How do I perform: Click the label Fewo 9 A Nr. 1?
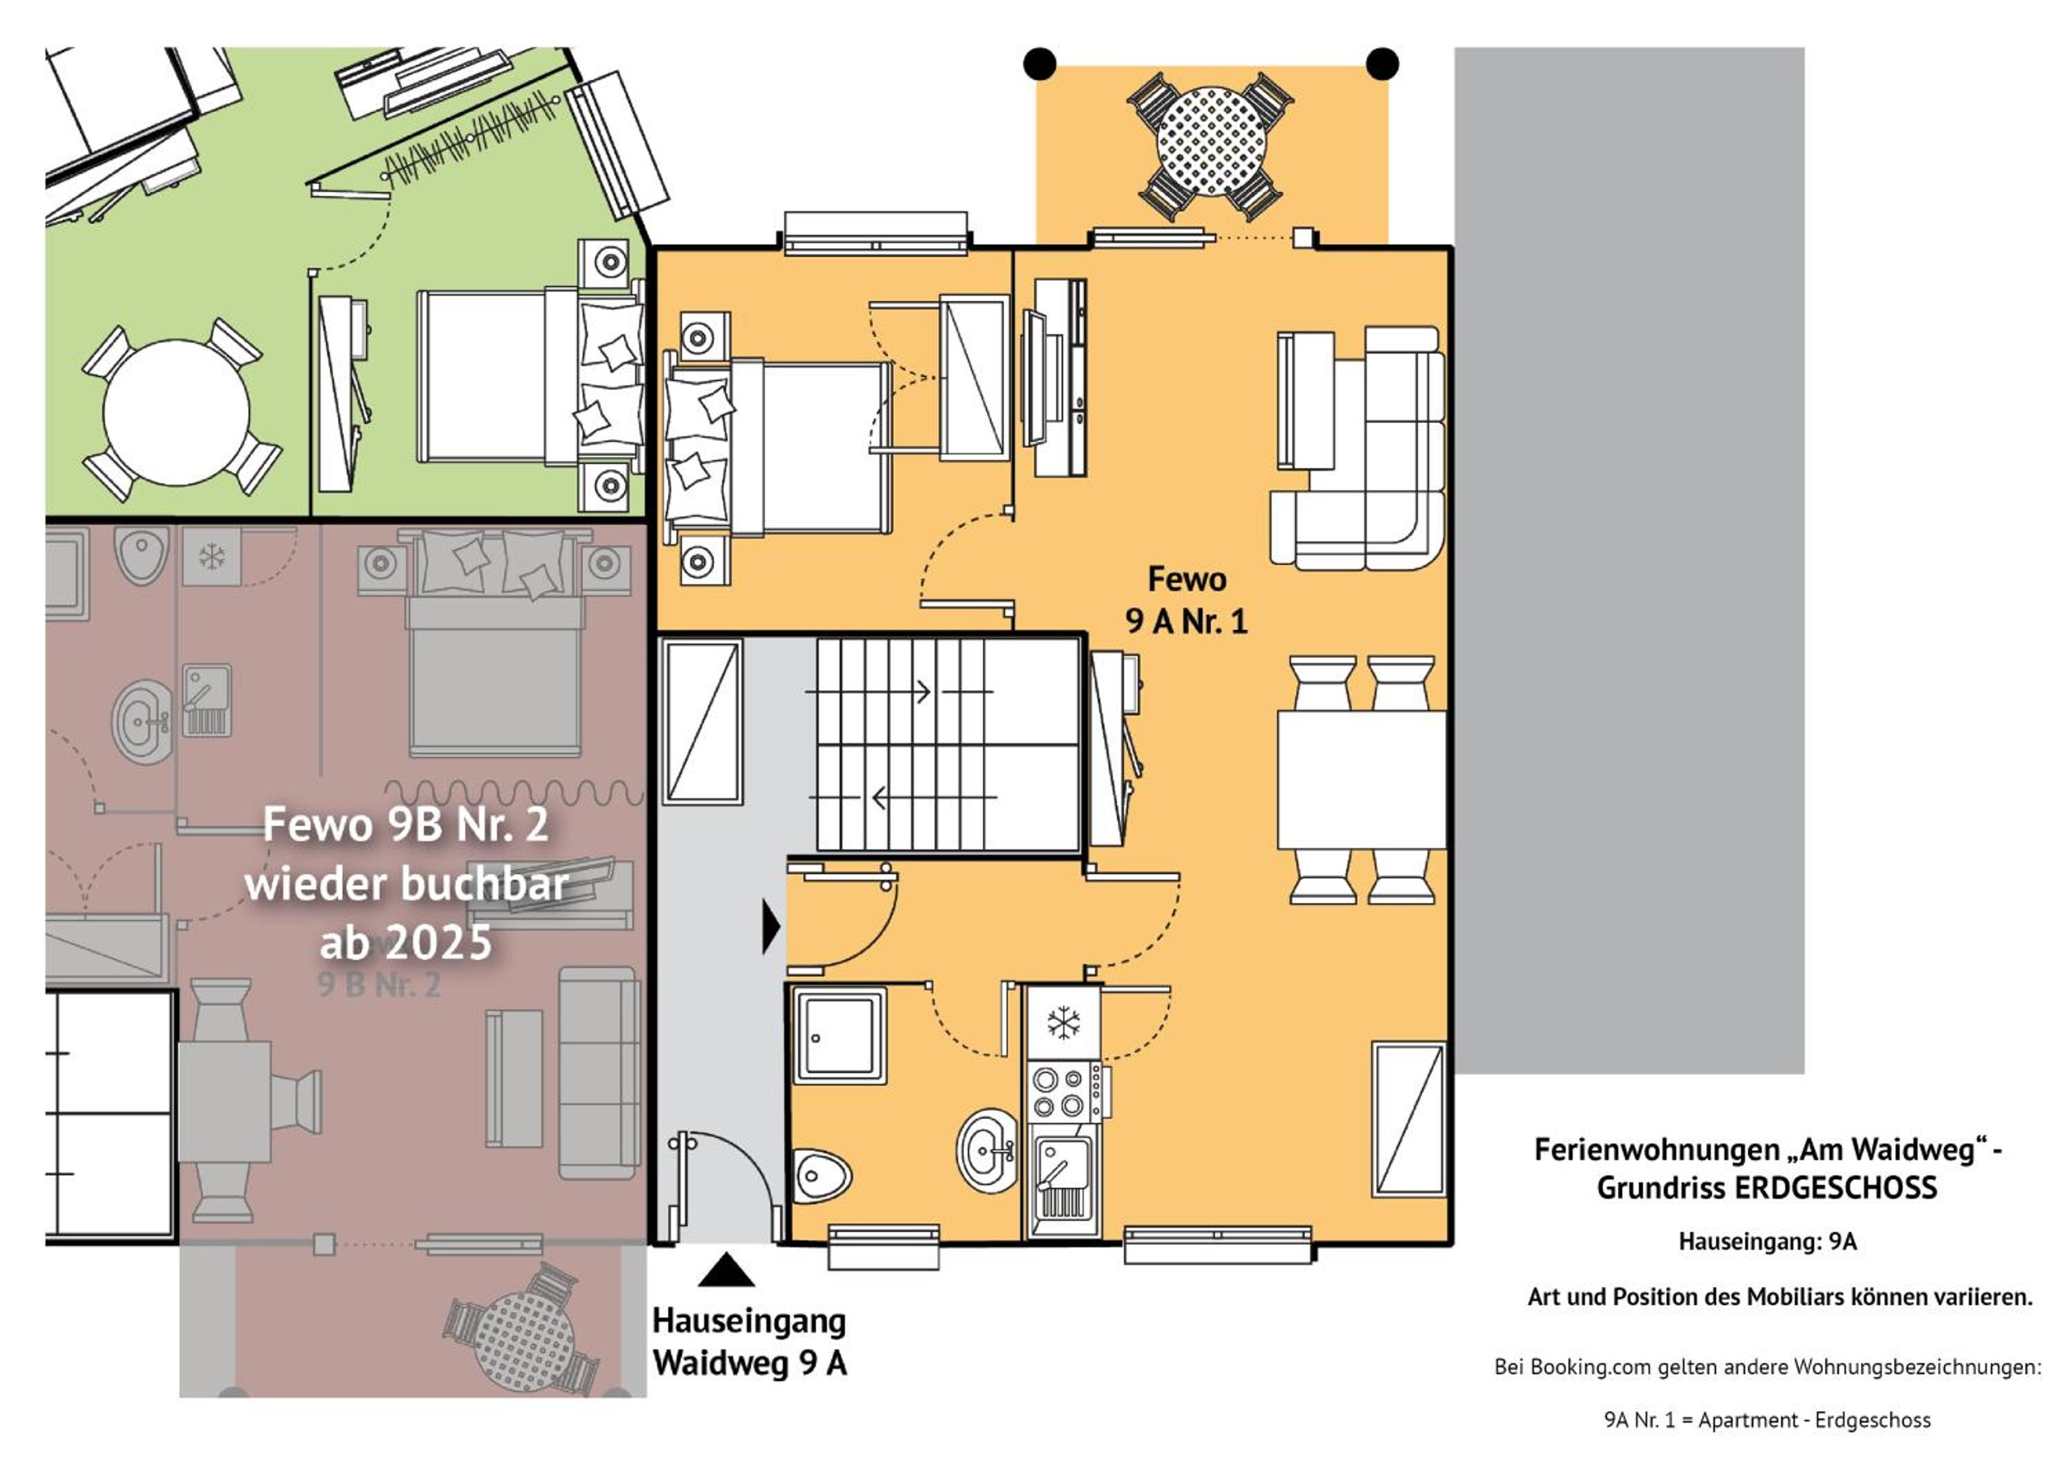1186,600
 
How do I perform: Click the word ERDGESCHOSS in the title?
1836,1188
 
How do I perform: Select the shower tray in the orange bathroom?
839,1034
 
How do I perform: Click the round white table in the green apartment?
176,412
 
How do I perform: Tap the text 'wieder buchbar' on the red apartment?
407,884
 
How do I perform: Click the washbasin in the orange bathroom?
988,1151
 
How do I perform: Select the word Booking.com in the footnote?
1591,1367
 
